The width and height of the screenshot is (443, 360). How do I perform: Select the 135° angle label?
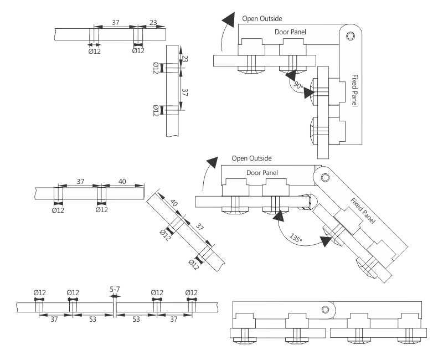click(296, 238)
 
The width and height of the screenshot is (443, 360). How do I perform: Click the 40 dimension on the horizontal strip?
click(123, 182)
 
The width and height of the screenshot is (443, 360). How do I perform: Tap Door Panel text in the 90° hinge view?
click(290, 32)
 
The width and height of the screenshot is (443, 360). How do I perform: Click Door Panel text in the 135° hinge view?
click(262, 173)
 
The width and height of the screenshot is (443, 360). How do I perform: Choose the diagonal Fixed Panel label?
click(363, 210)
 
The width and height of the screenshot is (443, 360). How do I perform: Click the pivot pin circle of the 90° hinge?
click(350, 37)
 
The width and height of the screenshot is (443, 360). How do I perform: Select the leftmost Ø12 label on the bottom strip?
click(39, 292)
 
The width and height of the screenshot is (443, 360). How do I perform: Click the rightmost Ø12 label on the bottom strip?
click(192, 292)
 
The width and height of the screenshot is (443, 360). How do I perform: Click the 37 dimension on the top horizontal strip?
click(115, 23)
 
